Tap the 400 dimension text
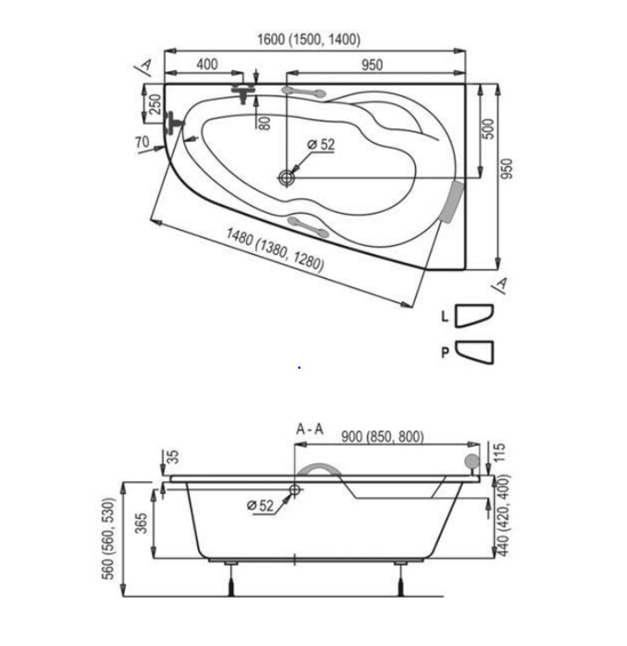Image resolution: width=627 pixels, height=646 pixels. (207, 64)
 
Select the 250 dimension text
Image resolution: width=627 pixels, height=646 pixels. (155, 104)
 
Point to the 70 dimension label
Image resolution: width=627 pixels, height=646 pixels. (143, 143)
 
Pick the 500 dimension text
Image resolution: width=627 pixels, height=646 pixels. (488, 129)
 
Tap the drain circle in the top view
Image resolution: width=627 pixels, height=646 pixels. (286, 178)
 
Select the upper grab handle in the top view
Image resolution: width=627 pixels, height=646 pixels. (303, 93)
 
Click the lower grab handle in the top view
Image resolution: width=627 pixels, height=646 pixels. (308, 225)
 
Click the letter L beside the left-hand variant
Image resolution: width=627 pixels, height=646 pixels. (444, 316)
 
